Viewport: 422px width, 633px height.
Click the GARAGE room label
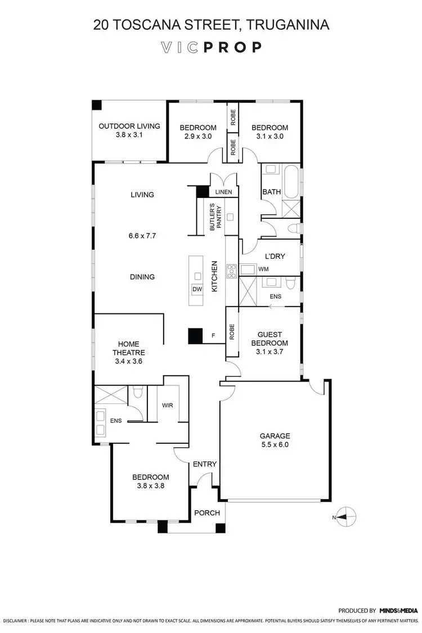(x=275, y=436)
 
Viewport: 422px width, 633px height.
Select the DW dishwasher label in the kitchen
(x=197, y=289)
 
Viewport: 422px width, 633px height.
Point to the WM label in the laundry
(x=263, y=270)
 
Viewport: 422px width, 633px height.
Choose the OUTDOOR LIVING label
(x=129, y=127)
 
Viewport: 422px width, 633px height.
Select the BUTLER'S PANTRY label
(x=217, y=216)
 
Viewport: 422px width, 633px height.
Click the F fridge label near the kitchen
(x=213, y=336)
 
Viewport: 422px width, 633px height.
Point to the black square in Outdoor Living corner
(x=97, y=105)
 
